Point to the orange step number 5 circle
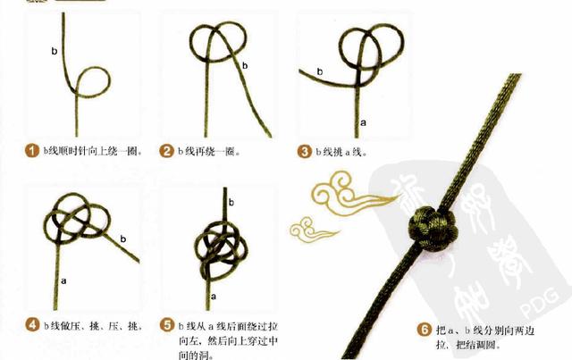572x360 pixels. point(167,323)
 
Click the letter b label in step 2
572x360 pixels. point(246,64)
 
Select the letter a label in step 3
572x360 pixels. point(362,120)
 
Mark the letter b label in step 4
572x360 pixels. point(122,238)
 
